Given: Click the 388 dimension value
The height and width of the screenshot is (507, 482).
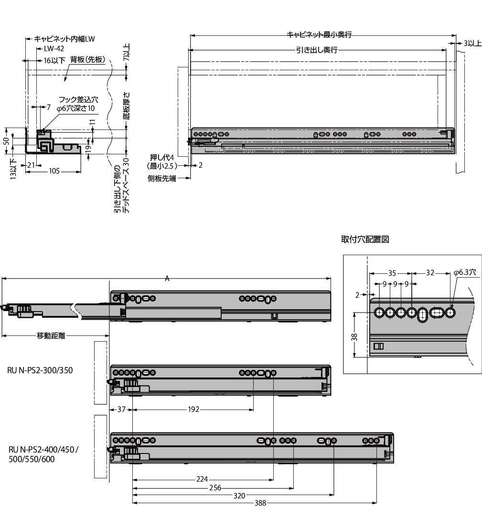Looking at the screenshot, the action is (x=260, y=503).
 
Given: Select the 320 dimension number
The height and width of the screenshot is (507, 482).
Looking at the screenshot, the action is (x=239, y=496).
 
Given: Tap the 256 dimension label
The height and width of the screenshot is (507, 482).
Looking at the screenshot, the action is (x=215, y=487).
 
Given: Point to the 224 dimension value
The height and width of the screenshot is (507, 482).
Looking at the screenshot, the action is (x=202, y=479).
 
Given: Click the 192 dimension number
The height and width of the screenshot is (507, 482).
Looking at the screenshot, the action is (x=193, y=410).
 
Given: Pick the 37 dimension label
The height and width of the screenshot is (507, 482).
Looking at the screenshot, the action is (x=121, y=410).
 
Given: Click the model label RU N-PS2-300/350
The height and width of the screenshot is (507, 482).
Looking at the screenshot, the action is (x=40, y=370).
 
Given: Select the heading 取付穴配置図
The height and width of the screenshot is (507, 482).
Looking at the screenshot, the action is (x=365, y=239).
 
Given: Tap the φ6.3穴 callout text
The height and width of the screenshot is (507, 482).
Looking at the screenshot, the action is (x=465, y=272).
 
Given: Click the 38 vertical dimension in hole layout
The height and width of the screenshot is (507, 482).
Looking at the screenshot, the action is (x=354, y=337).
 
